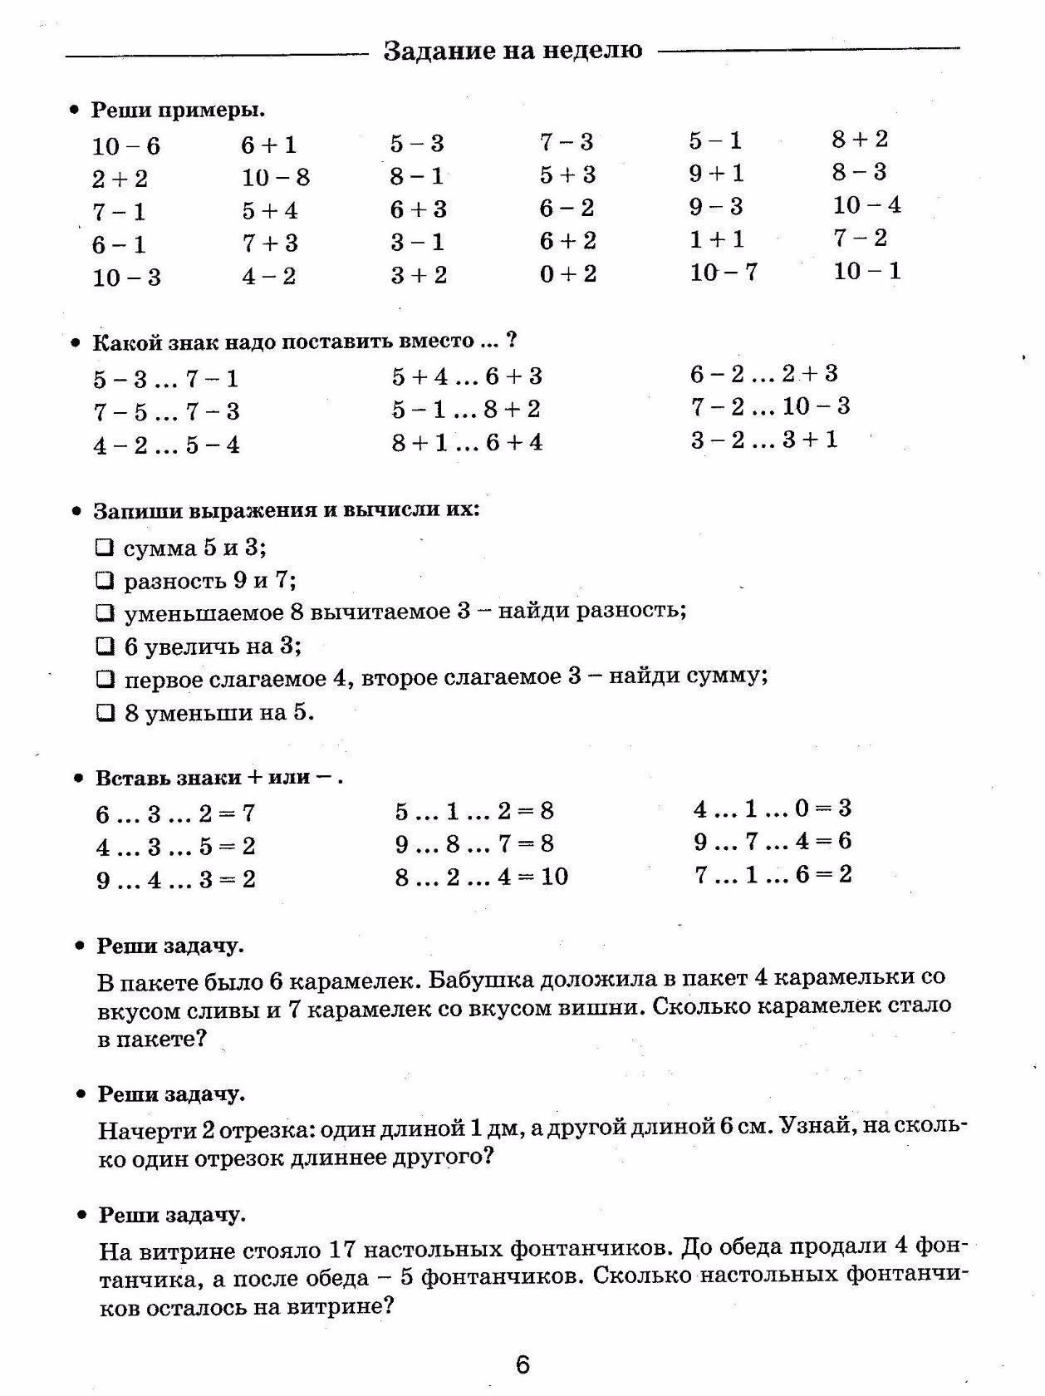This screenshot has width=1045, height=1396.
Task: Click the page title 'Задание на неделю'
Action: pyautogui.click(x=513, y=51)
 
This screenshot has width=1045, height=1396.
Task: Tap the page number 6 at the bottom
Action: pyautogui.click(x=522, y=1365)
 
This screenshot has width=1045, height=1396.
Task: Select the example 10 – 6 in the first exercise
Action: pyautogui.click(x=126, y=147)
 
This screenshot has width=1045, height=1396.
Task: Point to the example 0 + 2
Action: pyautogui.click(x=568, y=274)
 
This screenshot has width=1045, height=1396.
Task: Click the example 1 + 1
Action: pyautogui.click(x=717, y=239)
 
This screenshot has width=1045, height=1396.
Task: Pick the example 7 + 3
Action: pyautogui.click(x=270, y=243)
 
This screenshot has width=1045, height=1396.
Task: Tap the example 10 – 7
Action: pyautogui.click(x=724, y=272)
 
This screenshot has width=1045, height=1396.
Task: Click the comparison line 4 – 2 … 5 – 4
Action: pyautogui.click(x=166, y=445)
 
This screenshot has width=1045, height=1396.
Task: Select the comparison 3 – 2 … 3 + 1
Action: pyautogui.click(x=763, y=440)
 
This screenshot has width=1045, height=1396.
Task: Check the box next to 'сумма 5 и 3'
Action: pyautogui.click(x=105, y=548)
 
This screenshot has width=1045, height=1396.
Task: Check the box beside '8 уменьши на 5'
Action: pyautogui.click(x=105, y=712)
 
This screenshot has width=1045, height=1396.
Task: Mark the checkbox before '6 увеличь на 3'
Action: pyautogui.click(x=105, y=646)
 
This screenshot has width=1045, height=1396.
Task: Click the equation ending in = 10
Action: pyautogui.click(x=482, y=877)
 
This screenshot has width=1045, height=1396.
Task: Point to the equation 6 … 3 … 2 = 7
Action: pyautogui.click(x=175, y=814)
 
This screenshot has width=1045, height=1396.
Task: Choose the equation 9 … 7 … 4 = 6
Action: pyautogui.click(x=773, y=842)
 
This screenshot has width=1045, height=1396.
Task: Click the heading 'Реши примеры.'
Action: pyautogui.click(x=178, y=110)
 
